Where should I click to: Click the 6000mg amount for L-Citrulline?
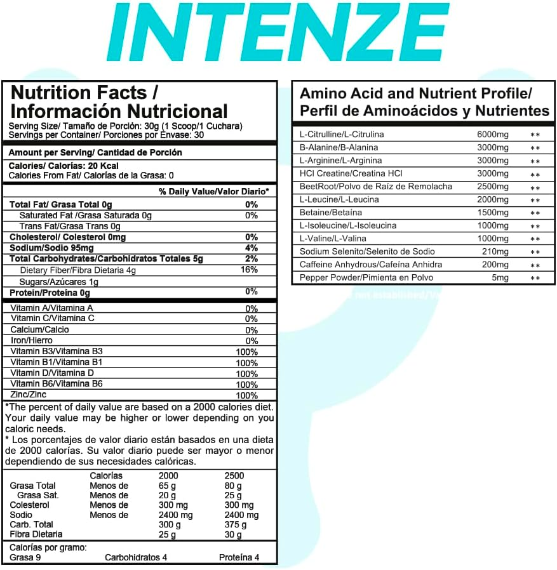click(493, 135)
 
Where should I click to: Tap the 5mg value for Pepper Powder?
click(500, 278)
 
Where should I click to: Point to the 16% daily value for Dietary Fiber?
click(250, 270)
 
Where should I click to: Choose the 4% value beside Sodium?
click(252, 248)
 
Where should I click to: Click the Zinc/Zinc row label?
click(29, 395)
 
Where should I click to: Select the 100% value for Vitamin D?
click(246, 373)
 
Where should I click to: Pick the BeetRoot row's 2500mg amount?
click(493, 187)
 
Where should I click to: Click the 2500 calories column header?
click(234, 475)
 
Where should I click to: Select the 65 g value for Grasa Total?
click(168, 486)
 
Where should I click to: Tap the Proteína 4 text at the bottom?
click(239, 558)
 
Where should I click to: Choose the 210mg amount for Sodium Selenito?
click(495, 252)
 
